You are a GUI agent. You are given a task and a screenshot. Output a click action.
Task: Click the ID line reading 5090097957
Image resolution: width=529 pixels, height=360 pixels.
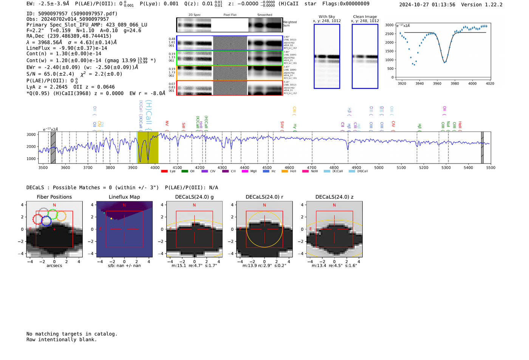(72, 14)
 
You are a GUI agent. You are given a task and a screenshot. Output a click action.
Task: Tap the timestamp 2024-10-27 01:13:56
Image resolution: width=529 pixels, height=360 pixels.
(427, 5)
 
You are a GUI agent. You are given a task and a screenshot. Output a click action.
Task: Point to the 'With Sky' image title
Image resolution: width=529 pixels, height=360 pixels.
(326, 17)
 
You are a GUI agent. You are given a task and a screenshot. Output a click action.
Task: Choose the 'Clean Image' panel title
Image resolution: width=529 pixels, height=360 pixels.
(365, 17)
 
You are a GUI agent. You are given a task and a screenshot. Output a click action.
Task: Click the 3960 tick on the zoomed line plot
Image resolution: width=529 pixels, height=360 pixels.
(437, 83)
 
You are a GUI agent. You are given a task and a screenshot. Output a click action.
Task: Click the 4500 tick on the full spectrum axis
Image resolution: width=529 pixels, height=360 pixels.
(267, 168)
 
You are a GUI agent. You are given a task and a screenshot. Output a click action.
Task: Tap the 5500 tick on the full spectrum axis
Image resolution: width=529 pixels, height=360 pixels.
(490, 168)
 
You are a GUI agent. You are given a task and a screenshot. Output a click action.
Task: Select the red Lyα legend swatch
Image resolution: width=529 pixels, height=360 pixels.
(164, 172)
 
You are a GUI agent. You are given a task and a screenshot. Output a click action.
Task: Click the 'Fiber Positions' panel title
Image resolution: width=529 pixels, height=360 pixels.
(54, 197)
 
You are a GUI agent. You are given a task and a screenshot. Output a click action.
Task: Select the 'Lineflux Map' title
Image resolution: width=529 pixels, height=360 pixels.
(124, 197)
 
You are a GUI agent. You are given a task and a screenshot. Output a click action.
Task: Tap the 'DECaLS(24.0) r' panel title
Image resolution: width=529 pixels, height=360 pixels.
(264, 197)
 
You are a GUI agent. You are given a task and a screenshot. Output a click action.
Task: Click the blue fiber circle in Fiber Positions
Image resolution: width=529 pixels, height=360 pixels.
(46, 221)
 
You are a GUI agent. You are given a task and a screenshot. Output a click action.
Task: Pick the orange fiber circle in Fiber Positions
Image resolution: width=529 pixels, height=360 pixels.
(61, 216)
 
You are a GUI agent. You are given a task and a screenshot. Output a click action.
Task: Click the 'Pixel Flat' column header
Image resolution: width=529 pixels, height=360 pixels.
(230, 15)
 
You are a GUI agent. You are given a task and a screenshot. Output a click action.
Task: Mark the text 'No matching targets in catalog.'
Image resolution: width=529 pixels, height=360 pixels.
(72, 334)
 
